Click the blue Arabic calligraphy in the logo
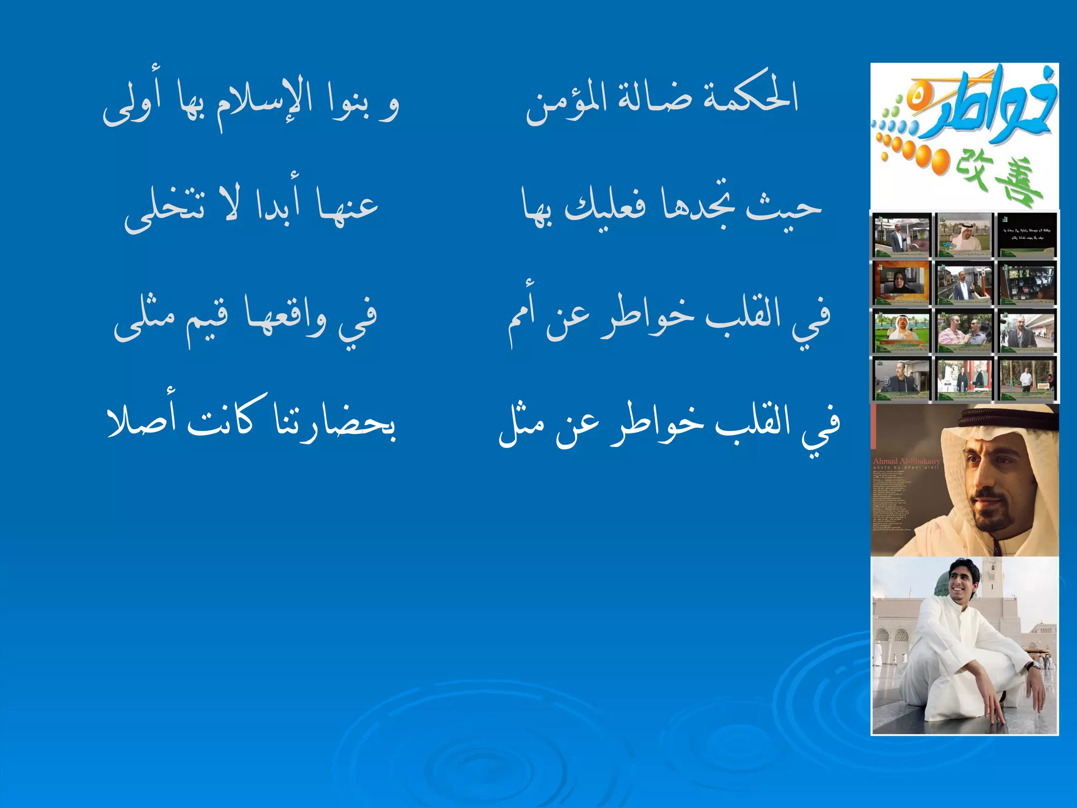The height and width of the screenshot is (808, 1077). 989,110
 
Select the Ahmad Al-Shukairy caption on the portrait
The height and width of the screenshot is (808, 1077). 906,461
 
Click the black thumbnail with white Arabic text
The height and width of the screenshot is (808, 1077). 1026,235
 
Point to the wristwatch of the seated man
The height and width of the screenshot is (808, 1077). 1032,666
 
